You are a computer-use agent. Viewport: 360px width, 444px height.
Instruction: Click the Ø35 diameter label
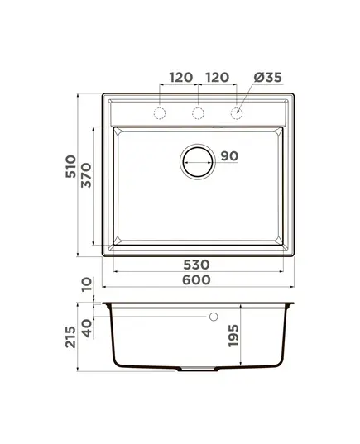click(268, 77)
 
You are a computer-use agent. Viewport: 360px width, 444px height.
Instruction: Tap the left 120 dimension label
click(181, 77)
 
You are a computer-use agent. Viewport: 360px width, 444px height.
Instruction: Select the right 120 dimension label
click(218, 77)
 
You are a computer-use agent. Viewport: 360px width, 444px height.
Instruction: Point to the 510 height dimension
click(71, 166)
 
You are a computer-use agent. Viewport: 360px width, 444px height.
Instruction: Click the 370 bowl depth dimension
click(86, 175)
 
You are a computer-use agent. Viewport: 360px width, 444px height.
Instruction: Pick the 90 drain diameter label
click(229, 155)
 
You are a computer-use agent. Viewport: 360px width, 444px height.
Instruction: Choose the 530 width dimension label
click(196, 265)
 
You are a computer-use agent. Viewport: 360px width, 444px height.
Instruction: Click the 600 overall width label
click(196, 279)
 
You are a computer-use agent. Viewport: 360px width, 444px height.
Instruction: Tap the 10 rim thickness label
click(86, 284)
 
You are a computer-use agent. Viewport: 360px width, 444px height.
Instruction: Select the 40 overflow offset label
click(87, 328)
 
